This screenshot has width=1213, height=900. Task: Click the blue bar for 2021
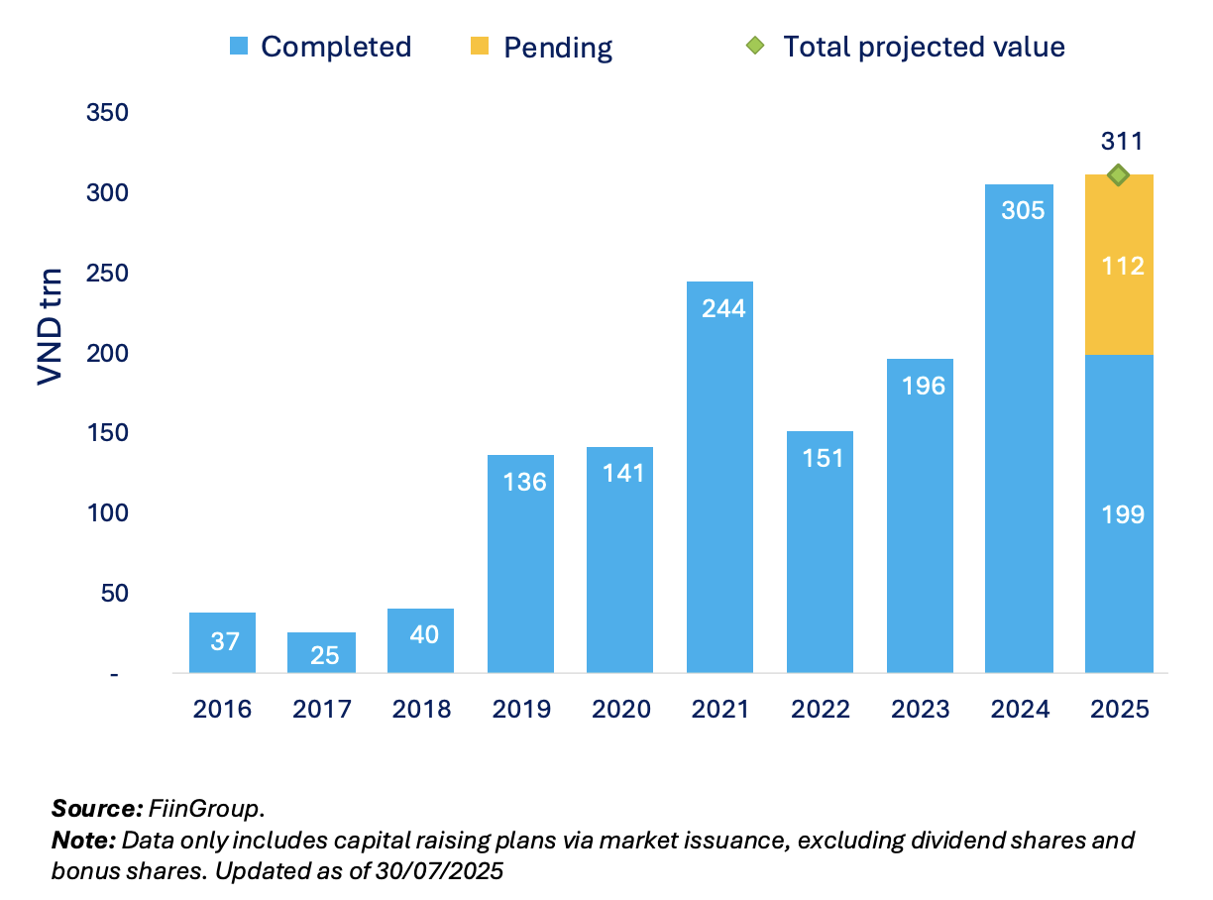coord(719,476)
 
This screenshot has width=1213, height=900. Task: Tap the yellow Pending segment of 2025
coord(1119,265)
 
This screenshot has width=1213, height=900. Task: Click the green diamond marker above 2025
coord(1119,175)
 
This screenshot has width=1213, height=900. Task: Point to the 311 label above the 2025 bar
coord(1121,142)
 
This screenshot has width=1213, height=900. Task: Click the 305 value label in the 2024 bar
coord(1021,210)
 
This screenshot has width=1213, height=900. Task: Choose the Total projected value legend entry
coord(906,47)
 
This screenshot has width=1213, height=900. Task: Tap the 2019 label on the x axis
coord(521,710)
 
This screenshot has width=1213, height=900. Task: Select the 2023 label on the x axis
coord(921,710)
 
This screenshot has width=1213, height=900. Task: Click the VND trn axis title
coord(50,326)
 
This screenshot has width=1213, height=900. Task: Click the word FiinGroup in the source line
coord(205,808)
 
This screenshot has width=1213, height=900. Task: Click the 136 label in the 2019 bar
coord(521,482)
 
